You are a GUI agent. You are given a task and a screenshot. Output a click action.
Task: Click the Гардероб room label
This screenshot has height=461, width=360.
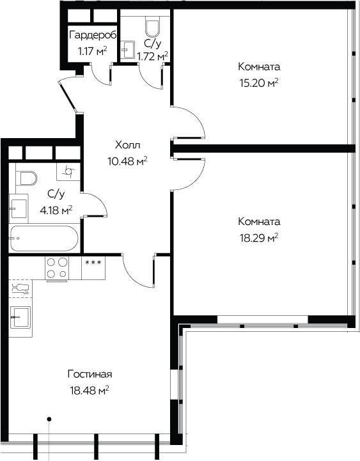pos(93,36)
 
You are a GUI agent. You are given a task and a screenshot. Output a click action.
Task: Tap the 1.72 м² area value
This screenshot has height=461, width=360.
pos(153,56)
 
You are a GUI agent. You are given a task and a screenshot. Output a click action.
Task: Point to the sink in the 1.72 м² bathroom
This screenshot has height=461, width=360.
pos(128,49)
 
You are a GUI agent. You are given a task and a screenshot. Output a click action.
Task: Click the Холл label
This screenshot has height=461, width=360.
pos(128,145)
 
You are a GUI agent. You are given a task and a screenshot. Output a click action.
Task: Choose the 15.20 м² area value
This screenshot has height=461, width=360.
pos(259,83)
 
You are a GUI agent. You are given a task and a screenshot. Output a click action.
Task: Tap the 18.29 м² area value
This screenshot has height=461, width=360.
pos(259,238)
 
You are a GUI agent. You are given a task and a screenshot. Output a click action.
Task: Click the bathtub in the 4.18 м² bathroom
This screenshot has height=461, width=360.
pos(43,238)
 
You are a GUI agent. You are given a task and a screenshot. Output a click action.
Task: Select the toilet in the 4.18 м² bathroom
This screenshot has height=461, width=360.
pos(26,178)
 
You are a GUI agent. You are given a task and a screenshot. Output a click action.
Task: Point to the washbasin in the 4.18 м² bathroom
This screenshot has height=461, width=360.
pos(19,208)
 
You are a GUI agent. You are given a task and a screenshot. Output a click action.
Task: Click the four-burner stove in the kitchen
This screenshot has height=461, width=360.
pos(57,268)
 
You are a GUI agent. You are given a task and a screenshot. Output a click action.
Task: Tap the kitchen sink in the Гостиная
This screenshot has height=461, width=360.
pos(20,317)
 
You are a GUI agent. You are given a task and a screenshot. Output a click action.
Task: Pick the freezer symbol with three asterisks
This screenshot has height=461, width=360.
pos(93,262)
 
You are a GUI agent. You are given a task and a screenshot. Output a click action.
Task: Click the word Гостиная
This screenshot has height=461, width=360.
pos(90,374)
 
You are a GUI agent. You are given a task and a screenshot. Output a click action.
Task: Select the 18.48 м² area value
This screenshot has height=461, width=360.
pos(90,391)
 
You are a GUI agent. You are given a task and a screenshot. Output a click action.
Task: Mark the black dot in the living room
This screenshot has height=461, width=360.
pos(49,419)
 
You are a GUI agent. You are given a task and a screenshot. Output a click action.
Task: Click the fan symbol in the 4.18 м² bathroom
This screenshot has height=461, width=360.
pos(68,171)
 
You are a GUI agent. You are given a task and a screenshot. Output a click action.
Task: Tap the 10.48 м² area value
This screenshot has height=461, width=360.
pos(128,161)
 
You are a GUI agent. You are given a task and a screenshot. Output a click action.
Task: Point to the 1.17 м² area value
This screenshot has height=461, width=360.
pos(92,51)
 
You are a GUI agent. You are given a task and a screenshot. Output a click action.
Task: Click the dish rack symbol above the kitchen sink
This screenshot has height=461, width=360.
pos(20,288)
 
